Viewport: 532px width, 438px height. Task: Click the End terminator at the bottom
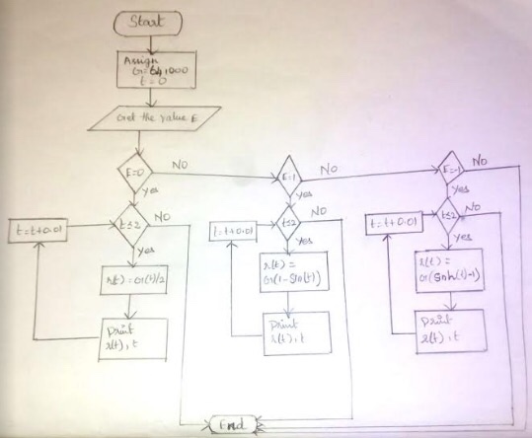(236, 425)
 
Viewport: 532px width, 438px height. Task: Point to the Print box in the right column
(450, 326)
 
